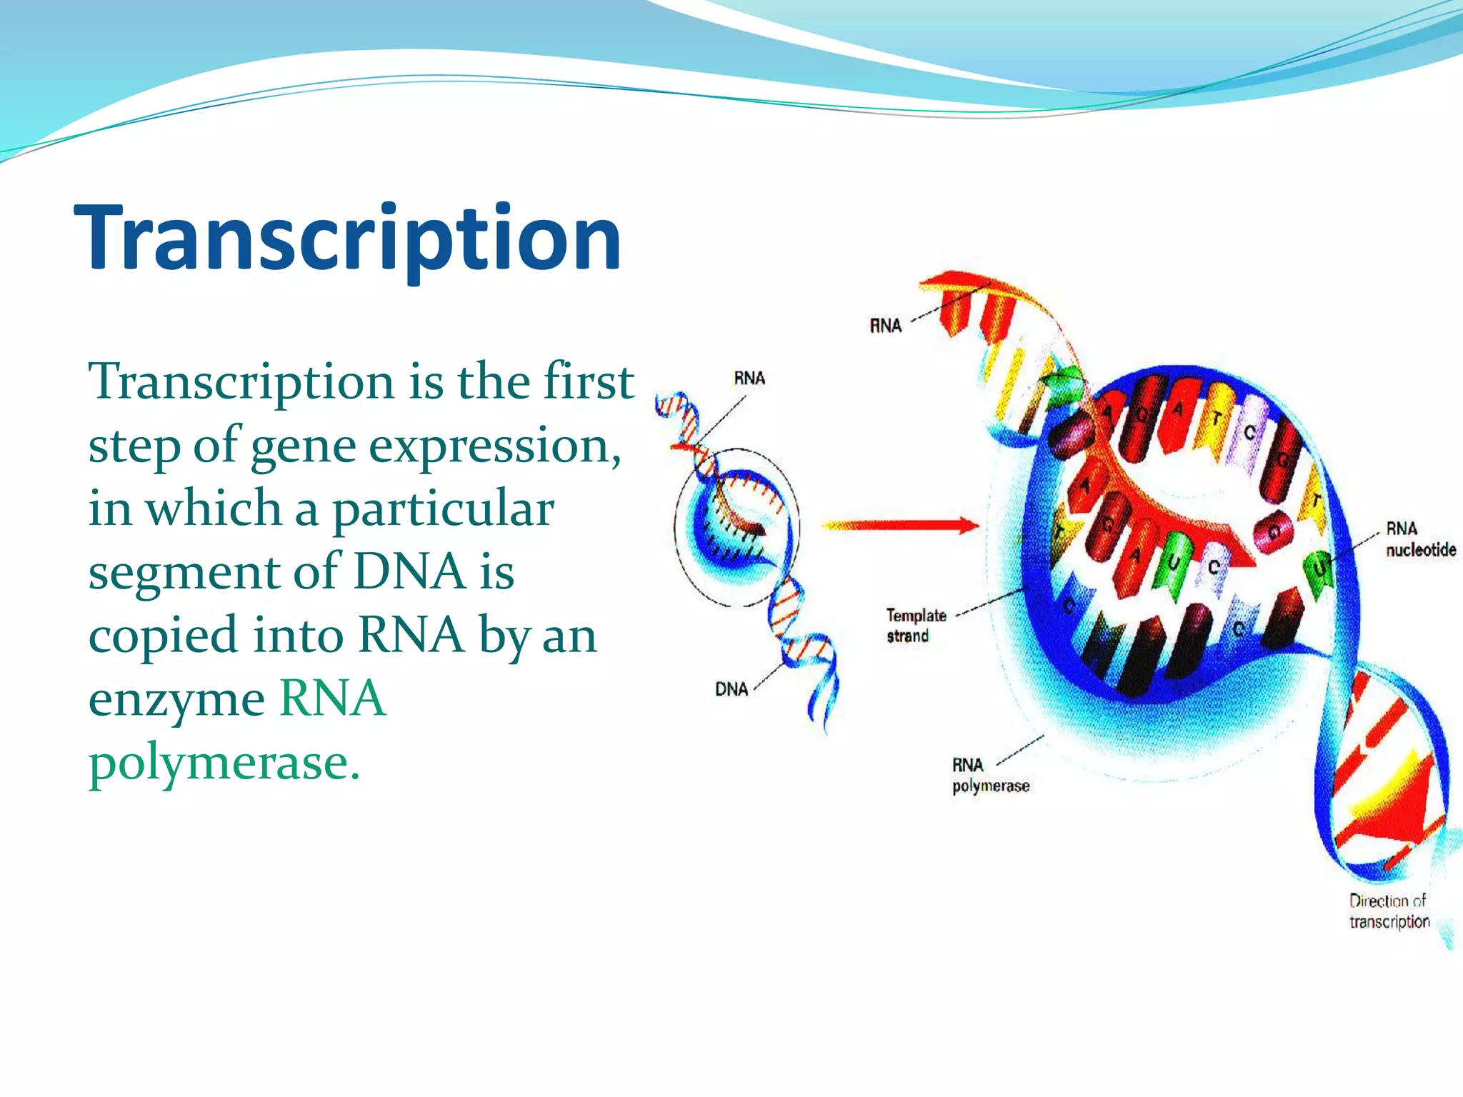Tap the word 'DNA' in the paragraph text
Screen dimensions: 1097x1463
point(410,572)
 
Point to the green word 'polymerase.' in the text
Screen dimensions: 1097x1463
point(224,763)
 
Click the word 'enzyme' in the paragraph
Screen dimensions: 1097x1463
point(176,700)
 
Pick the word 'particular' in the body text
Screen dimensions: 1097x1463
point(443,509)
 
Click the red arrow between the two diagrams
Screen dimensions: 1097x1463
point(900,526)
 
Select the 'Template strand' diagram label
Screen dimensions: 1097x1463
point(916,625)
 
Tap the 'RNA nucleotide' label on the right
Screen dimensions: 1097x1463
point(1420,539)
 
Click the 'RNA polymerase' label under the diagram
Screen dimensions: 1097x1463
point(990,776)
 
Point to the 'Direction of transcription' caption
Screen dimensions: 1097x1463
point(1389,911)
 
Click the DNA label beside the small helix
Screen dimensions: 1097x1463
point(731,689)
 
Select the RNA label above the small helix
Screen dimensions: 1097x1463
point(749,378)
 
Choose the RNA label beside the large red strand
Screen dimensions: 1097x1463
point(885,326)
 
